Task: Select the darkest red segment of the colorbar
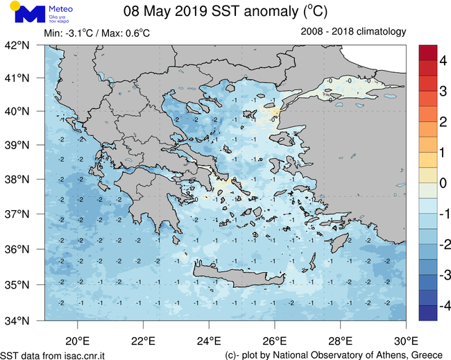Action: [428, 53]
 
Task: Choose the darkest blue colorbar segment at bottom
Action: [428, 313]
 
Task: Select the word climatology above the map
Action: [379, 32]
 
